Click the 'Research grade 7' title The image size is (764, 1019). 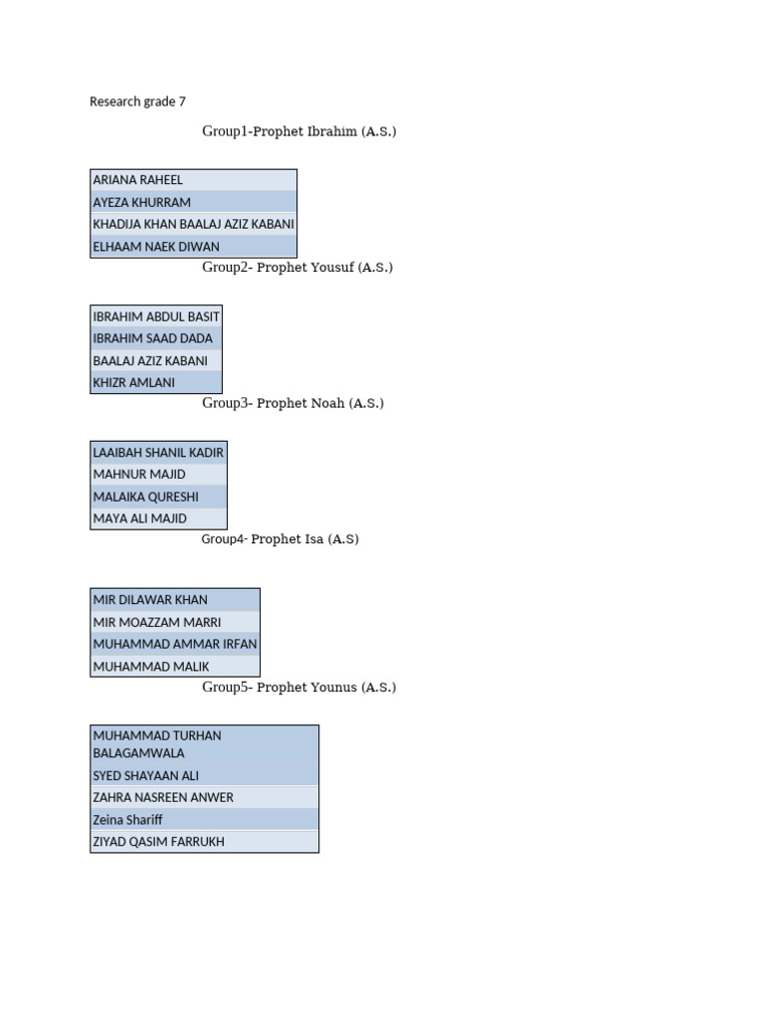coord(137,102)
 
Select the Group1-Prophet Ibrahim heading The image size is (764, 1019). coord(298,131)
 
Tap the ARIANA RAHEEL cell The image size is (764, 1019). coord(138,180)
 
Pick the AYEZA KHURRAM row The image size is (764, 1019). coord(142,202)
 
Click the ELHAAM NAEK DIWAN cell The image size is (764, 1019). coord(156,247)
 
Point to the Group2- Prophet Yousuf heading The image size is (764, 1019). coord(297,268)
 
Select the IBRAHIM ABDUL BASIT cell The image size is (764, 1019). coord(156,316)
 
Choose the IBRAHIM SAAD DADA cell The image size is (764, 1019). coord(152,338)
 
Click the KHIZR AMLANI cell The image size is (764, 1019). coord(134,382)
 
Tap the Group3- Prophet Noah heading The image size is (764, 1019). coord(292,403)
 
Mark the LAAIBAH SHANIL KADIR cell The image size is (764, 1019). coord(158,453)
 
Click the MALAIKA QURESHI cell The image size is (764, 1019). coord(146,497)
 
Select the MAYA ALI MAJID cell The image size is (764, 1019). coord(140,518)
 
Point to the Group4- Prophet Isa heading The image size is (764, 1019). coord(280,539)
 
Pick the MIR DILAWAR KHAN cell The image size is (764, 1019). coord(150,600)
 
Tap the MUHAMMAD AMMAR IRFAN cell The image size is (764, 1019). coord(175,644)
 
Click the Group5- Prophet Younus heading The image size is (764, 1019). coord(298,688)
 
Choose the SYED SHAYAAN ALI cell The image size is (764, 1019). coord(146,775)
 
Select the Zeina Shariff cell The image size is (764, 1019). coord(128,820)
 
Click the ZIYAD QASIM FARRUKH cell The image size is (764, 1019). coord(159,842)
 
